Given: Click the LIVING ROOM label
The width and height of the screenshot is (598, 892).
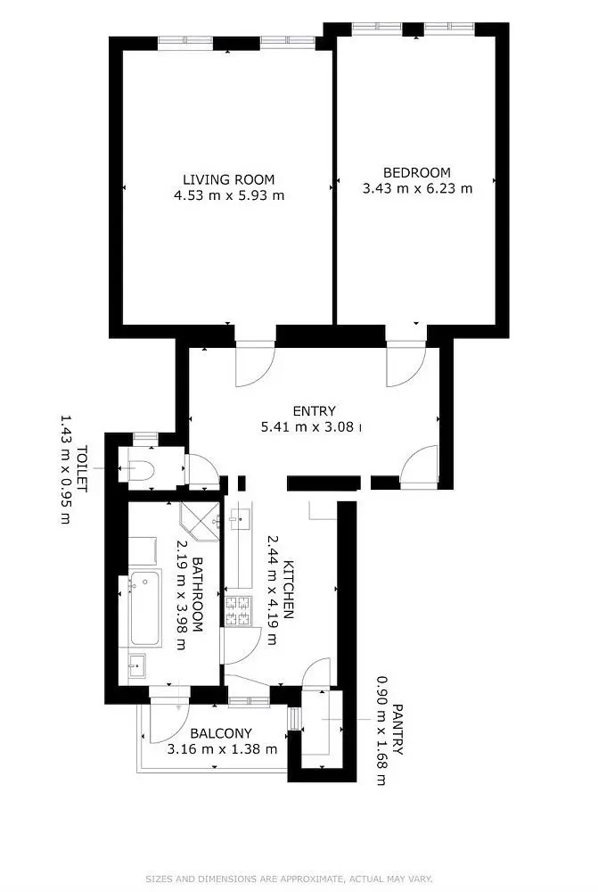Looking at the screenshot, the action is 228,180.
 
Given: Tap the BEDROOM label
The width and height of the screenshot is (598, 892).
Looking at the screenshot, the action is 417,172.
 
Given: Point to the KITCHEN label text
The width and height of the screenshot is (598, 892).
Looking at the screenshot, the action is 289,590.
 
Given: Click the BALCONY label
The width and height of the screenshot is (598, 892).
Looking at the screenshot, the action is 221,733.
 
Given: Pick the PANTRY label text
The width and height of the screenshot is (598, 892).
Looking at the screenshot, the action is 397,730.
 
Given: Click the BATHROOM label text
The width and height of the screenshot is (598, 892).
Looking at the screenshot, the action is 198,594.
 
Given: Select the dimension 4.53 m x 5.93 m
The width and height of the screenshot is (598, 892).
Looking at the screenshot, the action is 229,195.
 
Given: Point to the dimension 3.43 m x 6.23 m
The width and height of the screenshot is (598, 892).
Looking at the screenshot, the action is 417,188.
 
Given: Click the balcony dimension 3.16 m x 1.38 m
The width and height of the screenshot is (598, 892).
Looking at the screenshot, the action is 222,749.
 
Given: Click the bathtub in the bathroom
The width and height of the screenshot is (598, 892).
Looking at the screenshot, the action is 145,609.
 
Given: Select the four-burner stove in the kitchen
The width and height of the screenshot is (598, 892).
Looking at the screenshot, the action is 239,611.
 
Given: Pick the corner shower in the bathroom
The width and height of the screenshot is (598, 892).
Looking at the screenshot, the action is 201,521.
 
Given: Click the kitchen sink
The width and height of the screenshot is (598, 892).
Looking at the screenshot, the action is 241,518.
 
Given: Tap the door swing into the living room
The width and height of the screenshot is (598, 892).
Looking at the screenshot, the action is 256,365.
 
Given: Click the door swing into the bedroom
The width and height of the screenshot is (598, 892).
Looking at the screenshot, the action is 405,365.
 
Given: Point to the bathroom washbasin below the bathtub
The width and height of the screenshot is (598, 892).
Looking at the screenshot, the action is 137,665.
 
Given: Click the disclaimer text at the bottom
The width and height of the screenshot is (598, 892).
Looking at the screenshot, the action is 290,879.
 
